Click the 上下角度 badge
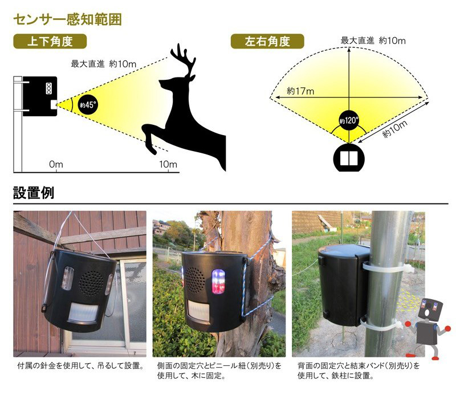click(50, 41)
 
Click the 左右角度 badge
click(267, 41)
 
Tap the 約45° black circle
click(88, 105)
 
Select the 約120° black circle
click(349, 120)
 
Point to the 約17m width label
click(300, 91)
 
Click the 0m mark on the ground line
click(56, 165)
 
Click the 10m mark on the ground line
click(168, 165)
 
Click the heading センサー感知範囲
click(67, 19)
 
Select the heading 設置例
click(34, 193)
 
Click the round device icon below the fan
click(349, 158)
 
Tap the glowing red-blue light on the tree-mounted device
click(218, 281)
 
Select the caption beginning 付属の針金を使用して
click(81, 366)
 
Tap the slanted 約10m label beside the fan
click(394, 129)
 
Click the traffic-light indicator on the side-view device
click(49, 88)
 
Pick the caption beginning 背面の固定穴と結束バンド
click(359, 370)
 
